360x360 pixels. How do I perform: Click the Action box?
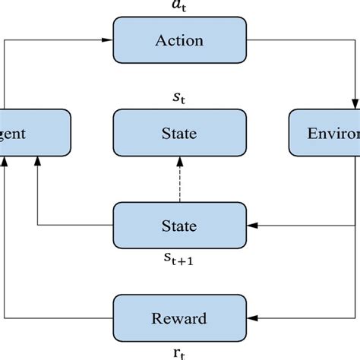(x=179, y=40)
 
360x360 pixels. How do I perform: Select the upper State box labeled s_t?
(x=179, y=134)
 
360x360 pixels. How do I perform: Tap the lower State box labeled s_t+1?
(x=179, y=226)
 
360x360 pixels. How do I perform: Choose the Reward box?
(x=179, y=317)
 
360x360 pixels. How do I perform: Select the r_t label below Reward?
(x=179, y=352)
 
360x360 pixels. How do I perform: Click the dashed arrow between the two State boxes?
(x=179, y=182)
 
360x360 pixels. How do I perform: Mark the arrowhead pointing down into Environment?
(x=354, y=104)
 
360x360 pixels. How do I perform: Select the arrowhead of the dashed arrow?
(x=179, y=161)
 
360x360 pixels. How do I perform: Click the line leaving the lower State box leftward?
(x=76, y=226)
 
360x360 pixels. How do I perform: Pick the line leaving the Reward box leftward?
(x=61, y=317)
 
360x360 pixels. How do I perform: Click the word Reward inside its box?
(x=179, y=317)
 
